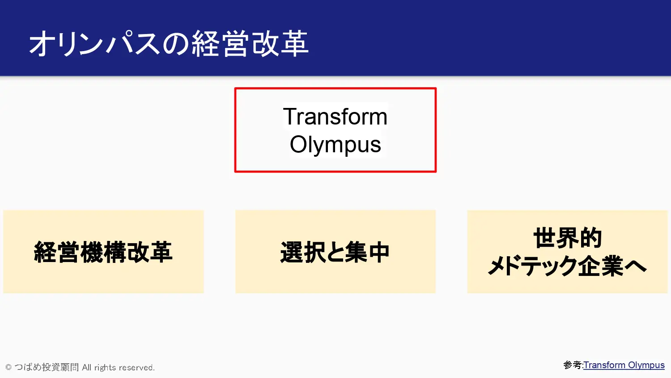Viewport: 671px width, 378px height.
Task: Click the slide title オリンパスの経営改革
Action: click(x=169, y=43)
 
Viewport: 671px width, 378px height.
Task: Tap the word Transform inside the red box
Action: click(x=335, y=116)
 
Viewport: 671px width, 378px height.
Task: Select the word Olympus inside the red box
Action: click(x=335, y=145)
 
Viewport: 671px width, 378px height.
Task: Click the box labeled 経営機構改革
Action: click(x=103, y=251)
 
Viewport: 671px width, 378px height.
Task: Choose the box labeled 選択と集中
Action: click(x=335, y=251)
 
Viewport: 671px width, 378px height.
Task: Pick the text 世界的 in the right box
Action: click(x=567, y=238)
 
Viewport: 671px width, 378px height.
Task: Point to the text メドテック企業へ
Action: click(x=567, y=266)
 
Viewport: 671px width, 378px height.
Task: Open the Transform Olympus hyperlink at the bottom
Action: click(x=624, y=365)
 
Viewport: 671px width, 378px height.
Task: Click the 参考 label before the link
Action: click(x=572, y=365)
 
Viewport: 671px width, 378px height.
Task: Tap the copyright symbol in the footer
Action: click(x=8, y=367)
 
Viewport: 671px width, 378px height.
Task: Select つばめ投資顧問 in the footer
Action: click(x=47, y=367)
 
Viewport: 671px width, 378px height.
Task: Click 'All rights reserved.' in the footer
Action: click(x=119, y=368)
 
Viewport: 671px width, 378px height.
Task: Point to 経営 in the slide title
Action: click(x=220, y=43)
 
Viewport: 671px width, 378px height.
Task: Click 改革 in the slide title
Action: click(x=280, y=43)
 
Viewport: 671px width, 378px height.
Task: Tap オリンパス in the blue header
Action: click(x=94, y=43)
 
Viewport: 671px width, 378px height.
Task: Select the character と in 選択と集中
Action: click(x=335, y=252)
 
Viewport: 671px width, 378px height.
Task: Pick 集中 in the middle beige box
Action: click(x=368, y=252)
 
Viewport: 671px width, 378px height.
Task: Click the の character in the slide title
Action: click(x=175, y=44)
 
